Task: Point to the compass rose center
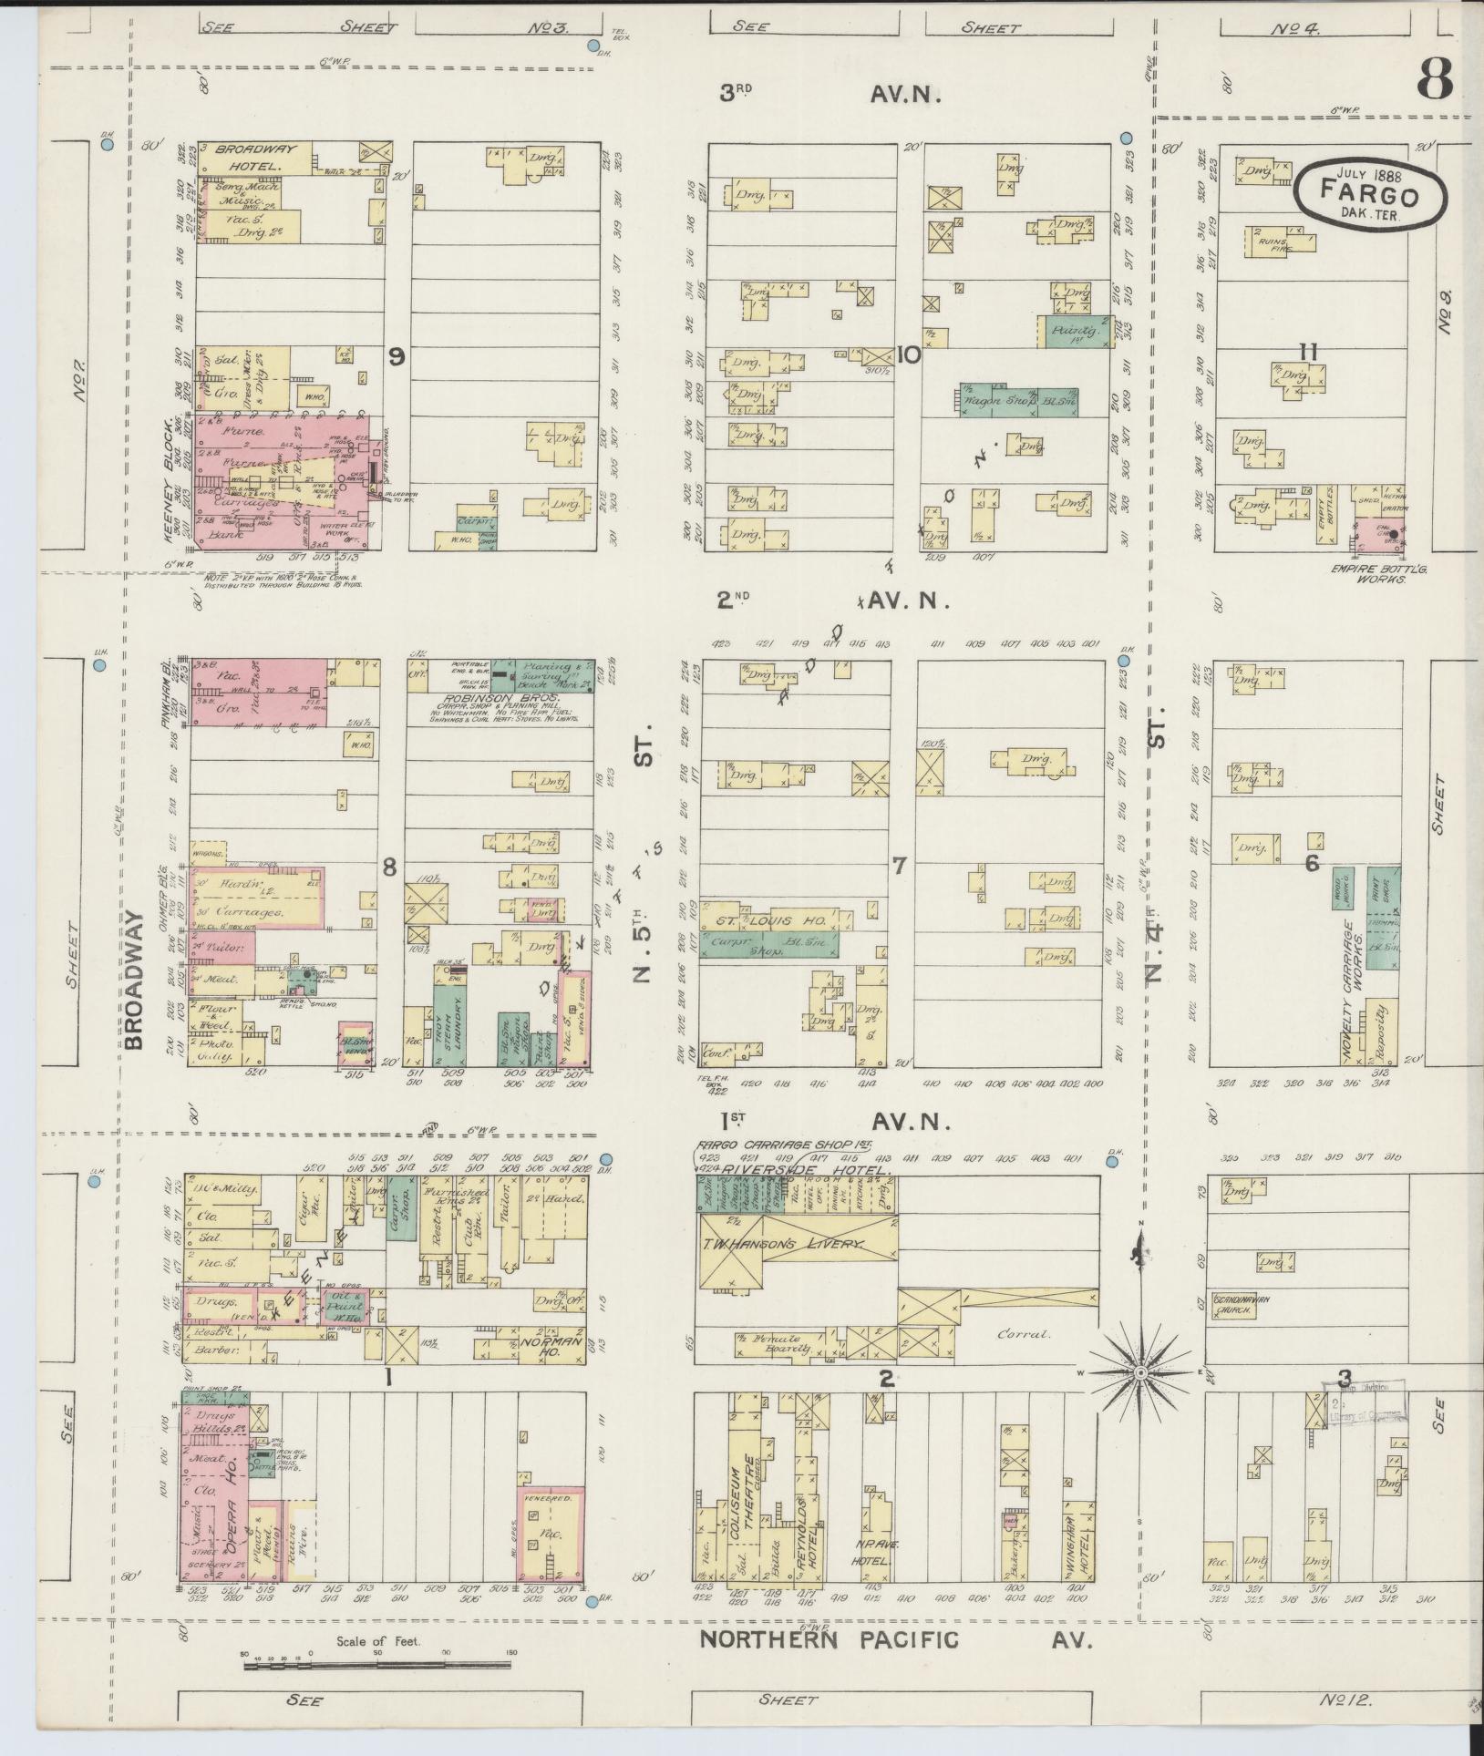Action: click(x=1140, y=1397)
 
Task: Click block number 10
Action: click(x=908, y=356)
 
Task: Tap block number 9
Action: click(x=397, y=357)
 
